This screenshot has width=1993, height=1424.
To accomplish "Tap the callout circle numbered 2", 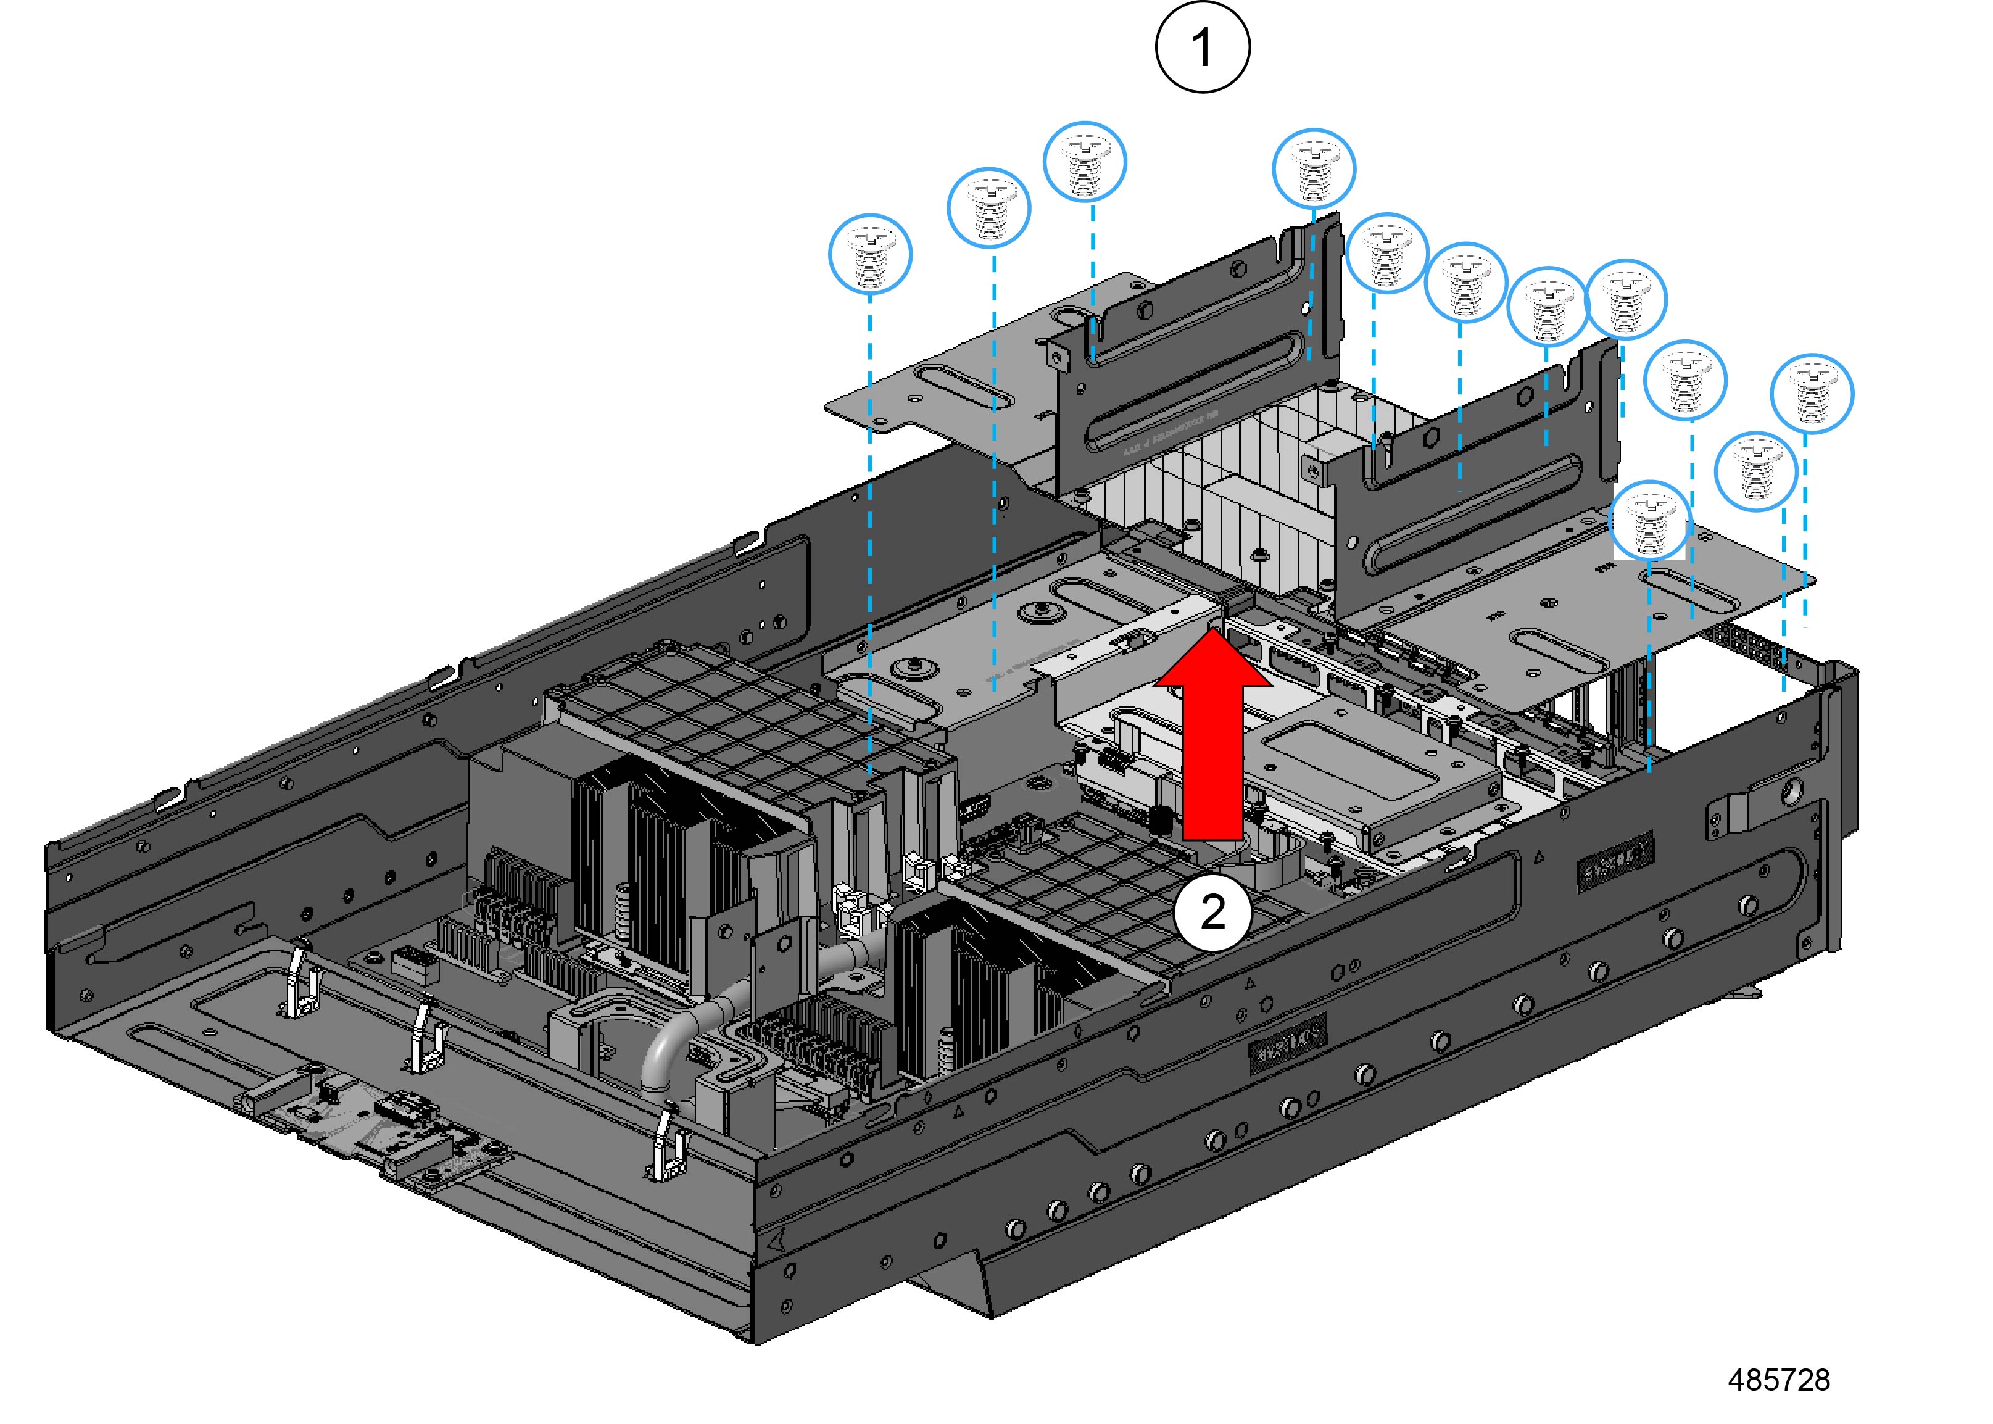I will coord(1212,913).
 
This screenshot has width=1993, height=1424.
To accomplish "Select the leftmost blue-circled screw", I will coord(870,254).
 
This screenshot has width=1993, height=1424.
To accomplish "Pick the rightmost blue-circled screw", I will coord(1812,395).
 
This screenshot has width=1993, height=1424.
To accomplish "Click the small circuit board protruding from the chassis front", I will coord(386,1131).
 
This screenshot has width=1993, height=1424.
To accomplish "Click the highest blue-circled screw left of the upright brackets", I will coord(1085,162).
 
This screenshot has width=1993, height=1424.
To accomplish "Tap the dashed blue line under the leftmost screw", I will coord(870,526).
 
